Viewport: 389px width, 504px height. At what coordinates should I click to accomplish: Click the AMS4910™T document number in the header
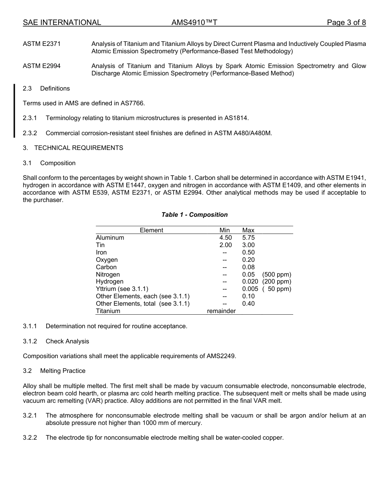[x=194, y=23]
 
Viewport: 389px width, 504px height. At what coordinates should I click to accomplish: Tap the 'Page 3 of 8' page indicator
[x=346, y=23]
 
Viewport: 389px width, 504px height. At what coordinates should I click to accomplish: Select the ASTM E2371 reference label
[x=42, y=44]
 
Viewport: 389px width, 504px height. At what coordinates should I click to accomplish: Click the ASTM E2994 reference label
[x=42, y=66]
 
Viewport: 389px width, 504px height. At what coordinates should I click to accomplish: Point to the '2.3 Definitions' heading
[x=46, y=89]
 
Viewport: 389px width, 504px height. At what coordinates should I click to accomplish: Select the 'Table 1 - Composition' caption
[x=194, y=215]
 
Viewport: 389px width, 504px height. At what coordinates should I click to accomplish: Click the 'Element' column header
[x=152, y=230]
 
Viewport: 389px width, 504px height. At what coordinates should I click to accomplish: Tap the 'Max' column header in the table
[x=248, y=230]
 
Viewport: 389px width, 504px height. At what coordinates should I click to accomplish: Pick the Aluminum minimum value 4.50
[x=225, y=238]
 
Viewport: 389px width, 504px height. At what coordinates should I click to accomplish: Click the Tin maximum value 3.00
[x=248, y=245]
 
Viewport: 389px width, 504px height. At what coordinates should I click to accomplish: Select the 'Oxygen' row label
[x=107, y=260]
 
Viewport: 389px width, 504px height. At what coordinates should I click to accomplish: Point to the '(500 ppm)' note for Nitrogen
[x=277, y=275]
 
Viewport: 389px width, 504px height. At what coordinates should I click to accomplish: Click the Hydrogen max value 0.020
[x=250, y=282]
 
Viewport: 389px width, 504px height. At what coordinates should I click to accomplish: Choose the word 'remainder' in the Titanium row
[x=221, y=311]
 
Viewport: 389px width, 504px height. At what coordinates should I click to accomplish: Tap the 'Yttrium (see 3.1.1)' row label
[x=122, y=289]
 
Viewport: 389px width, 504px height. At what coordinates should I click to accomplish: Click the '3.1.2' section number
[x=30, y=341]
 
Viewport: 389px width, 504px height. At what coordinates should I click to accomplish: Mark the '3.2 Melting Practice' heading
[x=54, y=371]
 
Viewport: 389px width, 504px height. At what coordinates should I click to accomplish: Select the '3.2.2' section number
[x=30, y=438]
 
